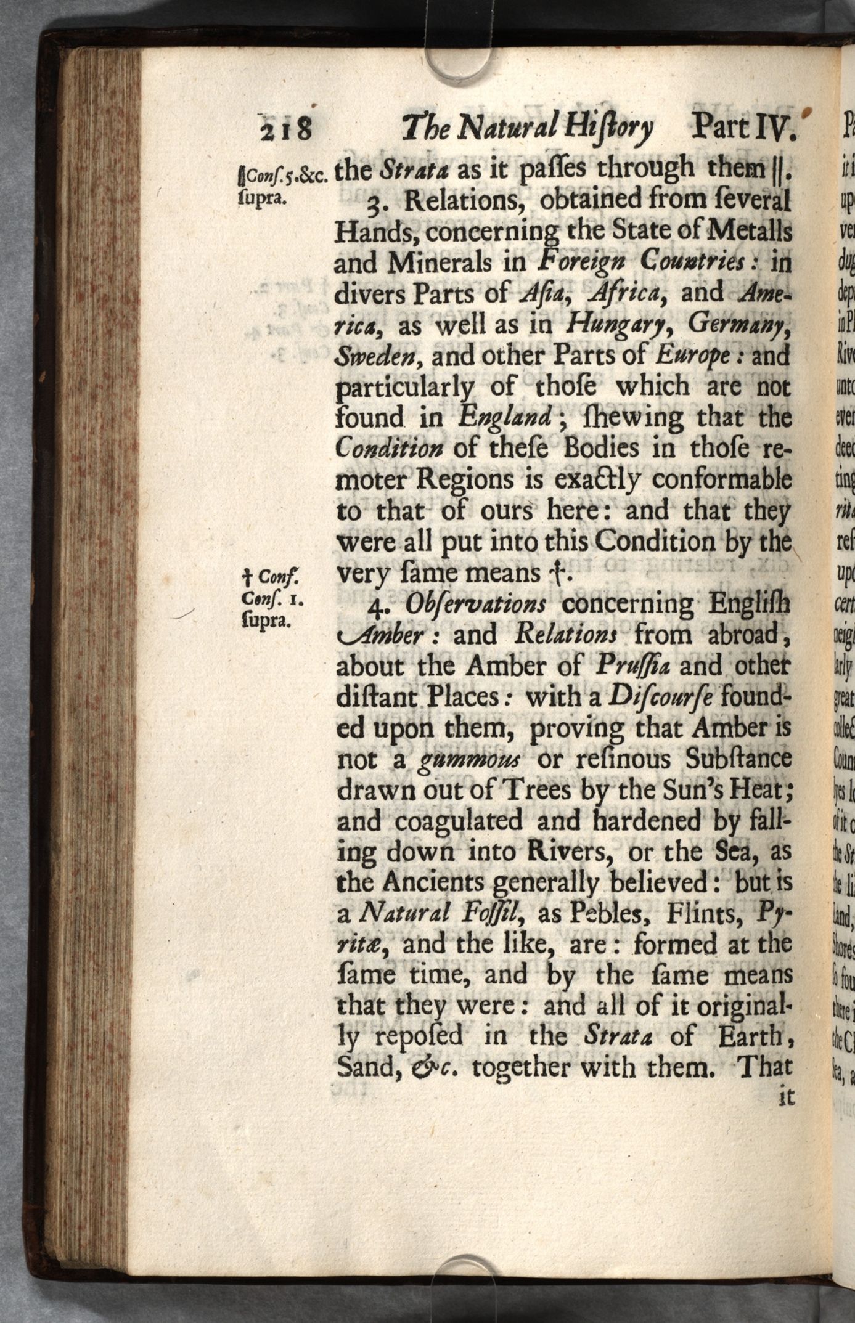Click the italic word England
[505, 418]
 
